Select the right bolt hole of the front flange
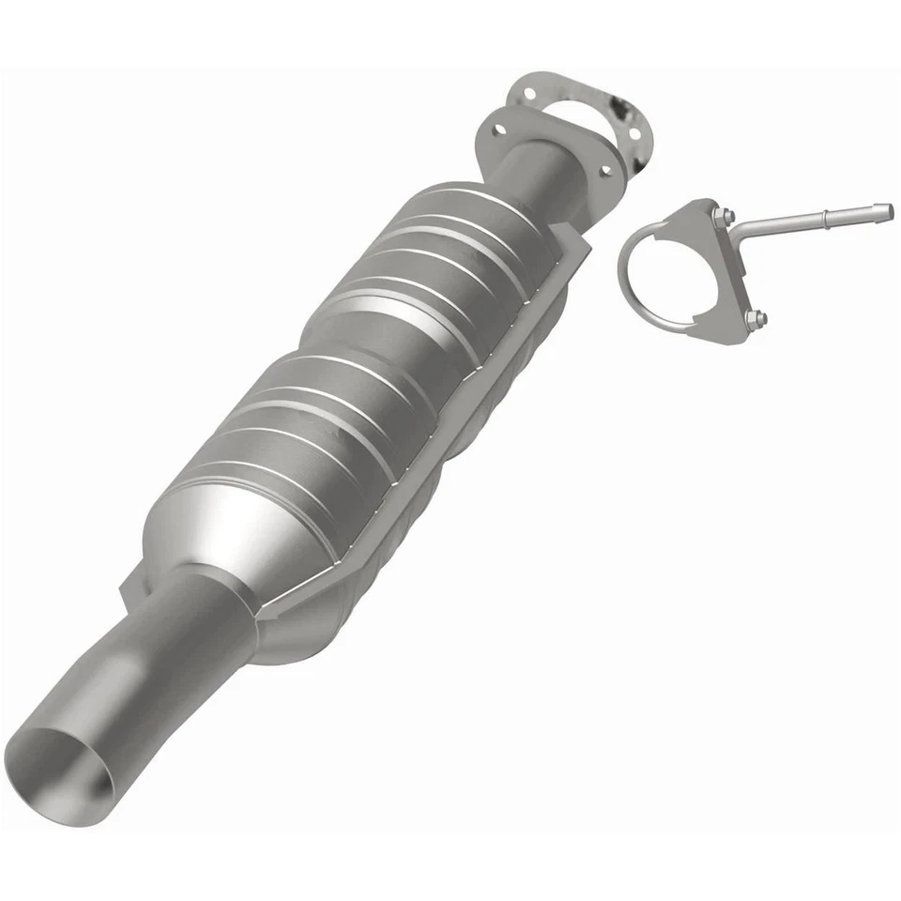[604, 170]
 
